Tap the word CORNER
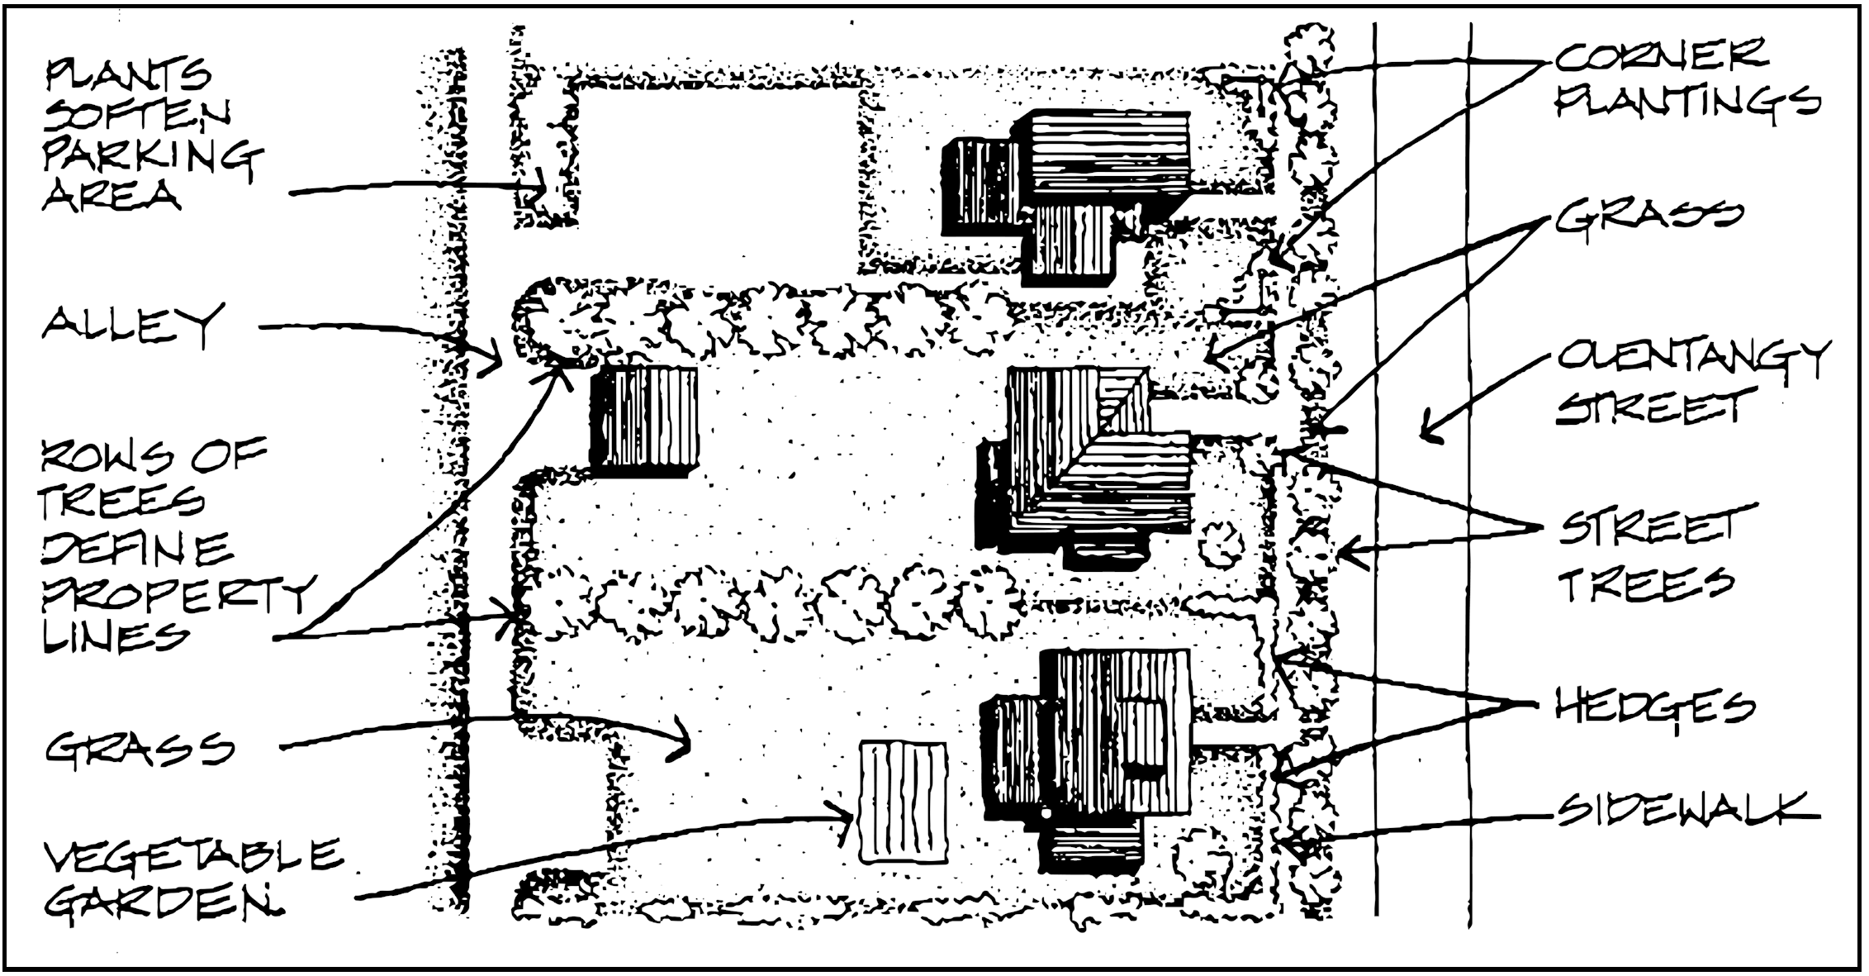(1661, 56)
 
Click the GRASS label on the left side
(140, 749)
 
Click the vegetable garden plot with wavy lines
(903, 802)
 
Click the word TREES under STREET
(1645, 583)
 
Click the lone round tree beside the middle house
(1221, 545)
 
